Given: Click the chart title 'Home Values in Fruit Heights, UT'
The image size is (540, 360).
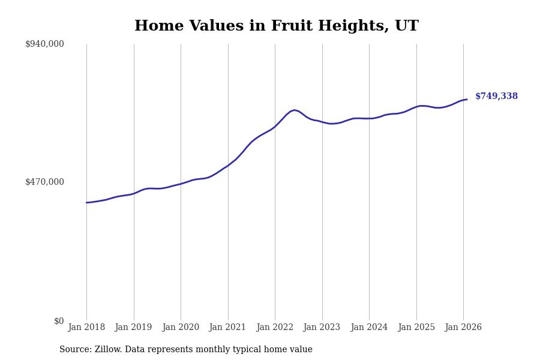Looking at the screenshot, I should click(x=276, y=26).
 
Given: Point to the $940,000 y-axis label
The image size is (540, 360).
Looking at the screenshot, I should click(x=44, y=44).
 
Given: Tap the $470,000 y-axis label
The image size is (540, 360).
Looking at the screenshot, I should click(x=44, y=182).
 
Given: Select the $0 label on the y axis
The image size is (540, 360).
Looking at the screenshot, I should click(x=59, y=321).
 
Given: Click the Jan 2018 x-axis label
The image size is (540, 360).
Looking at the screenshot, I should click(x=86, y=327).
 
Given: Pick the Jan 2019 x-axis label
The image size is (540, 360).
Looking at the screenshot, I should click(x=133, y=327).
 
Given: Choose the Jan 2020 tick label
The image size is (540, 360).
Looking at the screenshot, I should click(x=181, y=327).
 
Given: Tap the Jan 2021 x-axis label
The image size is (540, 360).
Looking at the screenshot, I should click(x=227, y=327).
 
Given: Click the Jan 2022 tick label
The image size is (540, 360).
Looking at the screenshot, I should click(x=275, y=327).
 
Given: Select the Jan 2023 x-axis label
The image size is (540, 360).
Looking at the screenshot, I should click(x=322, y=327).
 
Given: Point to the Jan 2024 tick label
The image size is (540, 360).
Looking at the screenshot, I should click(x=369, y=327).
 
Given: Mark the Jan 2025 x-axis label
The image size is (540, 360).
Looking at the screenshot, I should click(x=416, y=327).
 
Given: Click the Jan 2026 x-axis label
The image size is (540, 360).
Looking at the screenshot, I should click(x=463, y=327).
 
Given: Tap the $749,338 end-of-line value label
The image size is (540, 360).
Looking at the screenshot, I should click(x=496, y=96).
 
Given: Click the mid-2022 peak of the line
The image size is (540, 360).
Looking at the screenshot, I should click(x=295, y=110).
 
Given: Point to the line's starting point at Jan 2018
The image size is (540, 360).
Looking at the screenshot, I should click(x=86, y=202).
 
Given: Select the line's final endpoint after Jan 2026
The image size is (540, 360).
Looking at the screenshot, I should click(x=467, y=100).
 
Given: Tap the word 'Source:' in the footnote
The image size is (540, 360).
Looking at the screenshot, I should click(x=76, y=350).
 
